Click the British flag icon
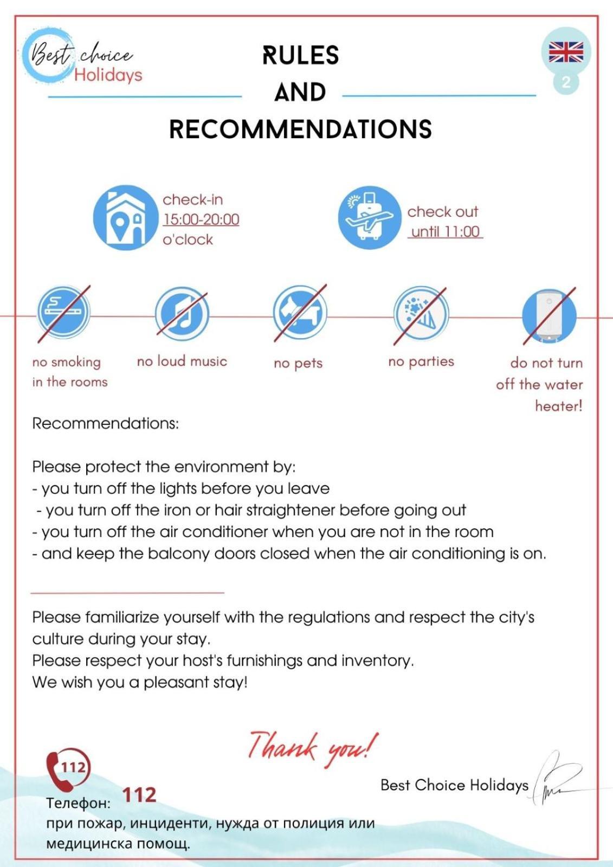(x=566, y=52)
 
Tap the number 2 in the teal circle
(x=566, y=82)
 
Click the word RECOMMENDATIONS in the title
(x=300, y=130)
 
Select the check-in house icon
(x=125, y=218)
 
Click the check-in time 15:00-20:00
(x=201, y=219)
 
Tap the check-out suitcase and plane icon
(x=370, y=218)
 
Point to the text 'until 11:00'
(x=445, y=232)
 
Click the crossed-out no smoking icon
(x=63, y=313)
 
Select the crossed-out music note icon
(x=182, y=314)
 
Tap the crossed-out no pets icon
(x=300, y=313)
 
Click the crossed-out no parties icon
(x=421, y=314)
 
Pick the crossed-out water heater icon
(x=549, y=316)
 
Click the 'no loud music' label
(x=182, y=361)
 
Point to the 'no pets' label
(x=298, y=363)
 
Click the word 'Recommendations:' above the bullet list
(x=105, y=423)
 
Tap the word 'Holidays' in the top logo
(x=108, y=75)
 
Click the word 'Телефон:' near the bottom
(x=78, y=803)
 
